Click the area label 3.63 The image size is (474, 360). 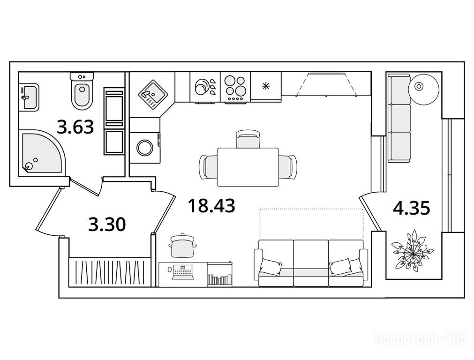pyautogui.click(x=75, y=127)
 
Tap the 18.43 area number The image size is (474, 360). pyautogui.click(x=211, y=205)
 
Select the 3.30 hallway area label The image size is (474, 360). pyautogui.click(x=107, y=225)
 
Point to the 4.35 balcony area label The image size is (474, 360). pyautogui.click(x=412, y=208)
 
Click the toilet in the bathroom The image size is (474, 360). pyautogui.click(x=82, y=90)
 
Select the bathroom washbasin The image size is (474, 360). pyautogui.click(x=29, y=97)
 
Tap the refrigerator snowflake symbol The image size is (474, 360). pyautogui.click(x=266, y=86)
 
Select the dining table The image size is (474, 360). pyautogui.click(x=248, y=167)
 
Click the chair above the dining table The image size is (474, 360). pyautogui.click(x=248, y=139)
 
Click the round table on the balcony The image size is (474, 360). pyautogui.click(x=423, y=87)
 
